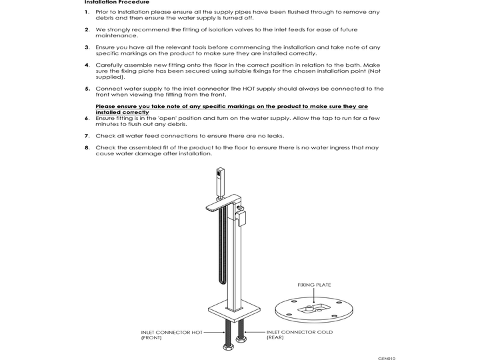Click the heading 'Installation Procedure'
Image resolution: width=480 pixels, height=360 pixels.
(x=111, y=2)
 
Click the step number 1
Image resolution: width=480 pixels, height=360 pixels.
(x=87, y=12)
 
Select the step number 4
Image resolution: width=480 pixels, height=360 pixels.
(x=87, y=65)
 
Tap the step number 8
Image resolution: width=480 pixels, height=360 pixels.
(x=87, y=148)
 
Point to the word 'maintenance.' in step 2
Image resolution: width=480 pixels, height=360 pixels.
(x=114, y=36)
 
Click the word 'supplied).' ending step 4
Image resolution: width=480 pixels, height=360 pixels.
(x=110, y=77)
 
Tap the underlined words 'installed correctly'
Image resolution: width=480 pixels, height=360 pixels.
(x=122, y=112)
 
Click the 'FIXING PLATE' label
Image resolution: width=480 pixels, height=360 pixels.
(x=314, y=285)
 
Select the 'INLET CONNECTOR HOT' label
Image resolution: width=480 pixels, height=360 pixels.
(x=171, y=332)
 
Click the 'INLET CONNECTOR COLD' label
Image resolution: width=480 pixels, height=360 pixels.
(x=299, y=332)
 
